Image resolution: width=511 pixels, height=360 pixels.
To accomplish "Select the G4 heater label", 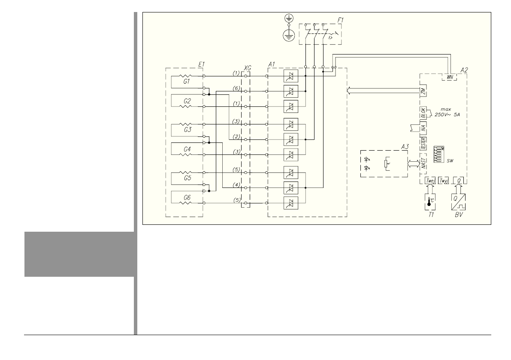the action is coord(187,149).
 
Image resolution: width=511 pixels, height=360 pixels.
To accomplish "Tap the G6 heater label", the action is coord(187,197).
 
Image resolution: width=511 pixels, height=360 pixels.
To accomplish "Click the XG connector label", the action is coord(247,68).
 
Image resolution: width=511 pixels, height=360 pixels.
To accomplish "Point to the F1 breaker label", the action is coord(334,20).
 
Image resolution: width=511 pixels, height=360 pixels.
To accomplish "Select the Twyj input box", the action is coord(444,181).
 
